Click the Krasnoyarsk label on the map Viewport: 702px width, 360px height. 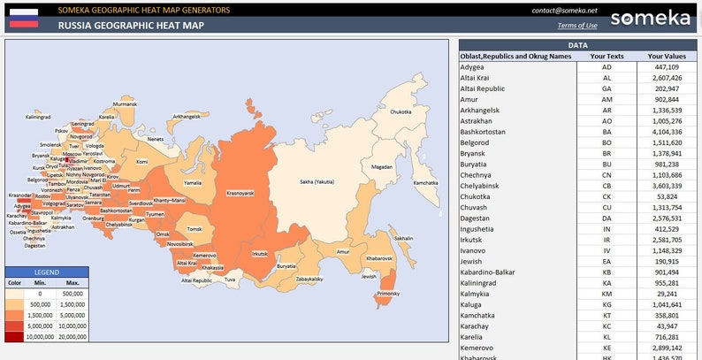coord(240,192)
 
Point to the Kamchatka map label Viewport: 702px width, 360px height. coord(425,182)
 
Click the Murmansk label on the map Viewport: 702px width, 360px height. coord(126,103)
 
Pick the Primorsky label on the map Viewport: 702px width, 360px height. coord(388,293)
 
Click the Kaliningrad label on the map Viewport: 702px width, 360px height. coord(37,117)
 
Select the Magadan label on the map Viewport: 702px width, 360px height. coord(382,166)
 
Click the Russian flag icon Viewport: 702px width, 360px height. coord(24,18)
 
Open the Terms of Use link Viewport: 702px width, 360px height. coord(577,26)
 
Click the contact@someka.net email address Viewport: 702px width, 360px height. coord(565,11)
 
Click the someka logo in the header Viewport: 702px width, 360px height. coord(652,18)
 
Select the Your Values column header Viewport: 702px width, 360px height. coord(662,57)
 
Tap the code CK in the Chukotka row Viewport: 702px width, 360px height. coord(607,196)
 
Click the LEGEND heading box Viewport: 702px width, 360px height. coord(46,272)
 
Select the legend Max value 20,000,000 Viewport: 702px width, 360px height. coord(72,336)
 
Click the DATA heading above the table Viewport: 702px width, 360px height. coord(578,44)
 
